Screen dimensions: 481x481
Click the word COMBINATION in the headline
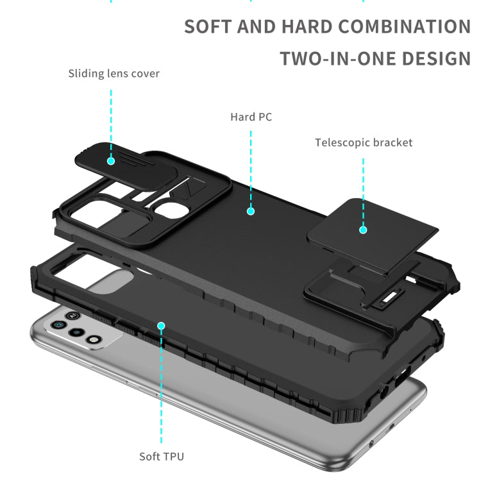coord(404,27)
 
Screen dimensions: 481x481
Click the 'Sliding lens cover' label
coord(114,74)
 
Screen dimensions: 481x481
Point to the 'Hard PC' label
coord(251,117)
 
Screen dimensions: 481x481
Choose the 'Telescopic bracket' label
coord(364,142)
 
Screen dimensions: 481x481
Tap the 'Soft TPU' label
coord(162,457)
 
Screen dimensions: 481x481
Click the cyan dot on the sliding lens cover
coord(111,160)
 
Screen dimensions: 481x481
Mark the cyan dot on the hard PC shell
coord(251,210)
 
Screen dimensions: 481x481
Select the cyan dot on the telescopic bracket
coord(363,229)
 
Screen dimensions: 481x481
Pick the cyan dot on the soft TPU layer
coord(161,326)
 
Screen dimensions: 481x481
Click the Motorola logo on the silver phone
coord(73,315)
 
